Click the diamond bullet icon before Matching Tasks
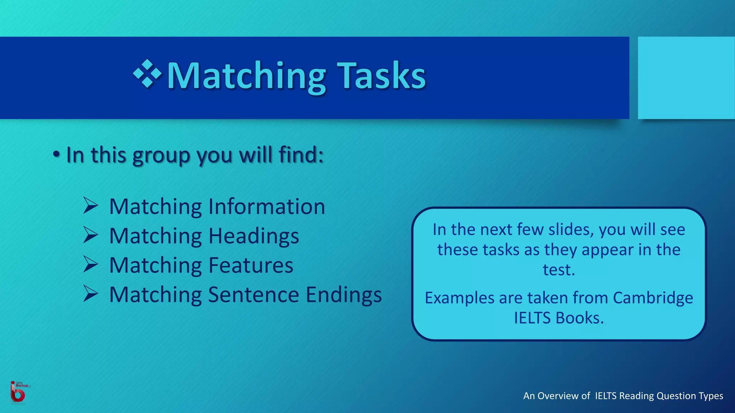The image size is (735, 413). (x=147, y=74)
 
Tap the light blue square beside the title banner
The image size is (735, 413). (x=686, y=78)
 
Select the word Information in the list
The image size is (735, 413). (x=267, y=207)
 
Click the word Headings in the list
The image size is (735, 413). (x=253, y=236)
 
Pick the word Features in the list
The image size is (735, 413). (x=251, y=266)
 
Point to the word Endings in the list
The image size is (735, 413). (x=343, y=295)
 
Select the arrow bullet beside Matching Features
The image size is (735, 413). (x=90, y=264)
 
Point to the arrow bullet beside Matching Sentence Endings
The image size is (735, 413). (x=90, y=294)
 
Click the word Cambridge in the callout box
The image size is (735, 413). (x=653, y=298)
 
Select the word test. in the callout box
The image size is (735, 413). (x=559, y=270)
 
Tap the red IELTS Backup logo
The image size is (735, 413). (x=18, y=392)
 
